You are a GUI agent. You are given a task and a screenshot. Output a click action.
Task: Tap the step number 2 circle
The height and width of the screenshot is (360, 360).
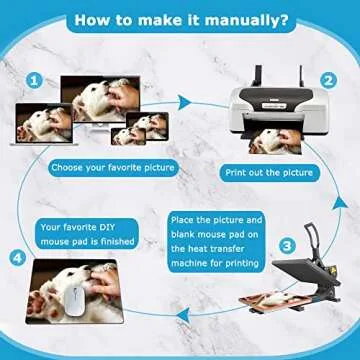(x=326, y=80)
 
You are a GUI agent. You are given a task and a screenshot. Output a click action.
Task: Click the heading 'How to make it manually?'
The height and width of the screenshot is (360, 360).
(x=180, y=19)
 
